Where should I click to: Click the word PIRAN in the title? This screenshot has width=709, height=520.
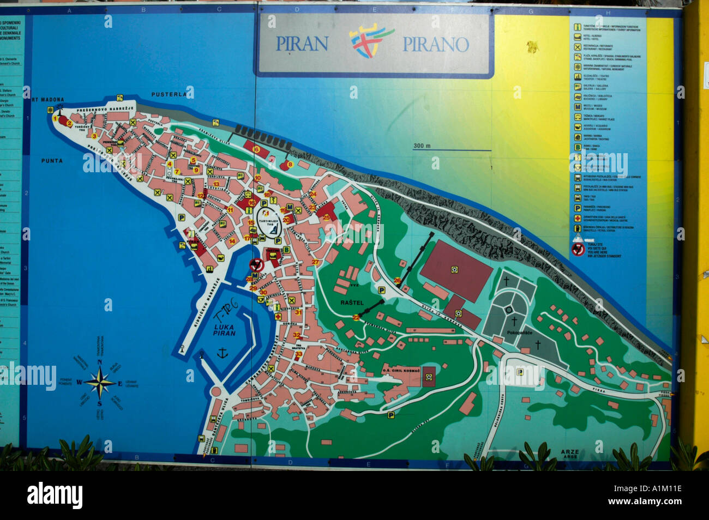pos(302,44)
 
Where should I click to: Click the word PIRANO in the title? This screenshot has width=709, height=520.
pos(435,45)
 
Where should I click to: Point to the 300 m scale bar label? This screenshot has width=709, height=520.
pos(422,146)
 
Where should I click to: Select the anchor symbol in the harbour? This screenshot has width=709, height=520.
pos(221,354)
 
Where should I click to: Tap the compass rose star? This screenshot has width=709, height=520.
pos(99,382)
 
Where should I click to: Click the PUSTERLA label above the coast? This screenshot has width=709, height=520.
pos(170,94)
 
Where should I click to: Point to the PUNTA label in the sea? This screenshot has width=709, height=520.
pos(52,161)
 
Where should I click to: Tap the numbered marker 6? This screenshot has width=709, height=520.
pos(256,149)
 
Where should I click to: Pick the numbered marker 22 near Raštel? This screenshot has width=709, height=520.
pos(356,317)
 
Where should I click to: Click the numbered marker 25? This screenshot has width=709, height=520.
pos(326,217)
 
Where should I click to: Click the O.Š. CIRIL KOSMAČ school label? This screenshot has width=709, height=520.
pos(402,371)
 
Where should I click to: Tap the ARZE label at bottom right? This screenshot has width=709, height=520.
pos(569,452)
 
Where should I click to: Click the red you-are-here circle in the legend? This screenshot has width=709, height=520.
pos(578,250)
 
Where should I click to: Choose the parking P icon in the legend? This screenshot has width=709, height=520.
pos(577,208)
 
